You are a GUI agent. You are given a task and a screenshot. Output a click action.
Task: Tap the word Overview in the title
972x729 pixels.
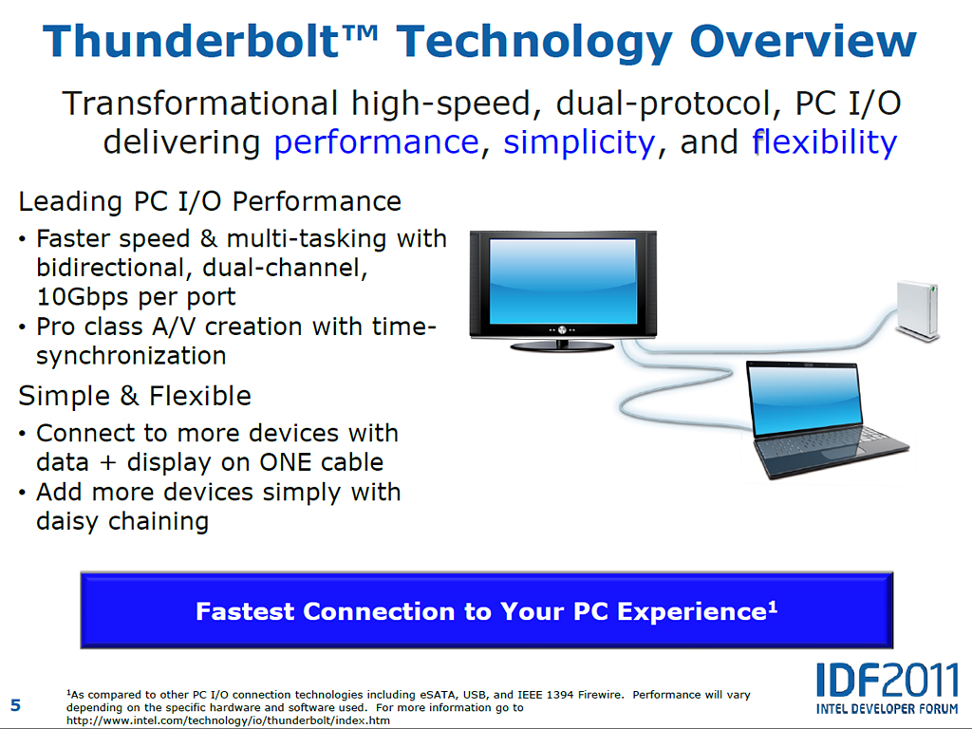[x=803, y=42]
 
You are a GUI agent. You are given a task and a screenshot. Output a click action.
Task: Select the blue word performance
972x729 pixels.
[x=376, y=143]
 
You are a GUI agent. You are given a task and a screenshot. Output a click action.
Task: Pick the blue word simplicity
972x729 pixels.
[x=578, y=143]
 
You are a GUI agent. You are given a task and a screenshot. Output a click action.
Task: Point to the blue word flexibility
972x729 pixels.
[x=825, y=142]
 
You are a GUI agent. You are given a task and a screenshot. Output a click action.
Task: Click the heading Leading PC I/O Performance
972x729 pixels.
[x=210, y=201]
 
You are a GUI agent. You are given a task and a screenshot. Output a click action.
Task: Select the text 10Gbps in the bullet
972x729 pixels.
[x=83, y=297]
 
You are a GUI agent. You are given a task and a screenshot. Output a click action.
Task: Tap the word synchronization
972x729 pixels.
[x=131, y=356]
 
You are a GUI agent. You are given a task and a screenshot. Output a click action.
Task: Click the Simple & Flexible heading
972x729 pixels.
[x=135, y=396]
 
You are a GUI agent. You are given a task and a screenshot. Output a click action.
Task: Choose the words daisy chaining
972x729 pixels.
[x=122, y=521]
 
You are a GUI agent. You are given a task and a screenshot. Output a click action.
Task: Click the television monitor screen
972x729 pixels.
[x=563, y=281]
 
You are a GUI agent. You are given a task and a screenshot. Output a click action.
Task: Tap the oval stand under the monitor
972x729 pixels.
[x=562, y=346]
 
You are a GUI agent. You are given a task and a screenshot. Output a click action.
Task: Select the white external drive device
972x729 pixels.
[x=918, y=310]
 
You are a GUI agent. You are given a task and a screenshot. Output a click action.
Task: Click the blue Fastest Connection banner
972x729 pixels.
[x=487, y=610]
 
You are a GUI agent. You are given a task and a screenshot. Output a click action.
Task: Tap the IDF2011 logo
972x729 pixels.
[x=888, y=688]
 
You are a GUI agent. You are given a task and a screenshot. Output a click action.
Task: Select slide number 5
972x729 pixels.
[x=15, y=705]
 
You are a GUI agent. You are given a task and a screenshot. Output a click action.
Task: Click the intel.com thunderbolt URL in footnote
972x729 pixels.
[x=228, y=720]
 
